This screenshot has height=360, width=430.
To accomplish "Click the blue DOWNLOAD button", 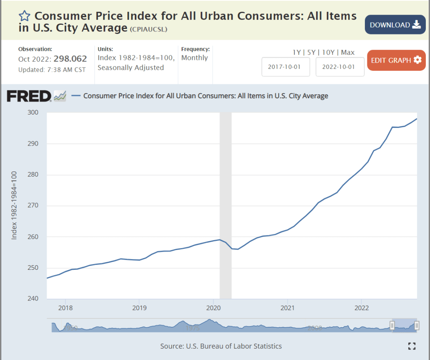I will click(x=395, y=25).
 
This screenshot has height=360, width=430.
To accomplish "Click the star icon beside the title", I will click(x=24, y=16).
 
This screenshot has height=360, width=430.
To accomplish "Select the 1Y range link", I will click(x=296, y=52).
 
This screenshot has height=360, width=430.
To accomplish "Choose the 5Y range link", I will click(x=311, y=52).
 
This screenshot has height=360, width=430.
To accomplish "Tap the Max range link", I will click(x=348, y=52).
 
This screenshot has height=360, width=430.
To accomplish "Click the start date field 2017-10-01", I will click(x=286, y=67).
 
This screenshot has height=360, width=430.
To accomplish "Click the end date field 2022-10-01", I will click(x=340, y=67).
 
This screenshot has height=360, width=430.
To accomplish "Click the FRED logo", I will click(x=29, y=96).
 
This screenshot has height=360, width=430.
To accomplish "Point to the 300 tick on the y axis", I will click(x=33, y=112).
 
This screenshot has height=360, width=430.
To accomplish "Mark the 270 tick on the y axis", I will click(x=33, y=206).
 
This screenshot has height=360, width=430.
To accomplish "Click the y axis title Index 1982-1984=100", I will click(x=14, y=206).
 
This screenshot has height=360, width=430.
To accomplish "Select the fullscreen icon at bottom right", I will click(x=412, y=346).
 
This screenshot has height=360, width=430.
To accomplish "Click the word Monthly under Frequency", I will click(x=194, y=58).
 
